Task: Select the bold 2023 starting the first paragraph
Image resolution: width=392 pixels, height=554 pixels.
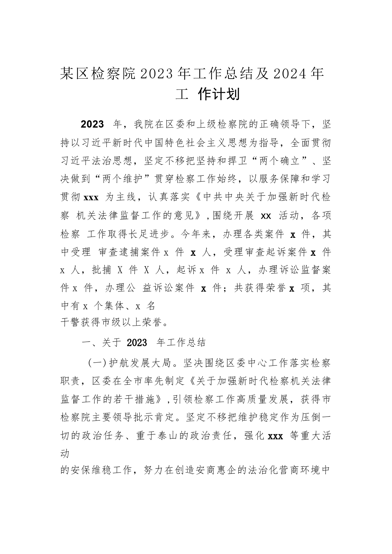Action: click(92, 124)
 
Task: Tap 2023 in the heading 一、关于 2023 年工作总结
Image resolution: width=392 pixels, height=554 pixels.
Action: click(137, 343)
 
